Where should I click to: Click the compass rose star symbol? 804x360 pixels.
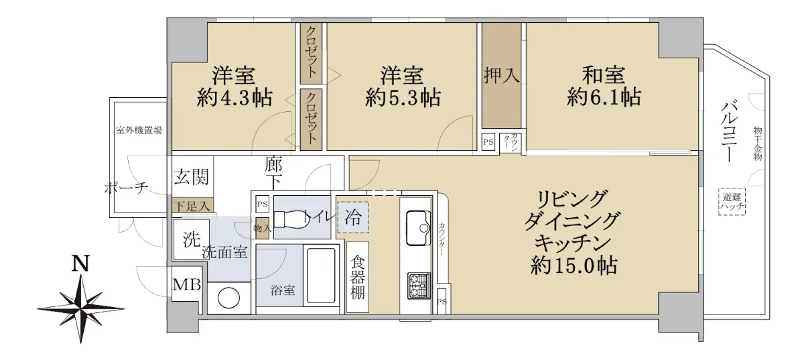pos(81,308)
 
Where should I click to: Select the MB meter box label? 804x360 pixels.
pos(187,284)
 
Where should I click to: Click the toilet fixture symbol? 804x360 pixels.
pos(291,219)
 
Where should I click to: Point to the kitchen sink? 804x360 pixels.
pos(418,228)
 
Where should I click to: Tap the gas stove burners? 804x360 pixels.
pos(419,286)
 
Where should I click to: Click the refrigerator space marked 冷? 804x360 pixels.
pos(353,217)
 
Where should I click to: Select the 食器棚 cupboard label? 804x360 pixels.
pos(358,277)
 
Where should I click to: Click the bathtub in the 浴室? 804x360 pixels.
pos(321,276)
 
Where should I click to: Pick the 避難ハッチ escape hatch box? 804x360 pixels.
pos(732,202)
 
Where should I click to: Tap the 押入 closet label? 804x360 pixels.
pos(501,76)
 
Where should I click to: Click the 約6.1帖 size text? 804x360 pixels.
pos(604,97)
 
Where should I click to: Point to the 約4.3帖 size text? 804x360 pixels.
pos(234,97)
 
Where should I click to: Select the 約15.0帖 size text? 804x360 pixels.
pos(574,266)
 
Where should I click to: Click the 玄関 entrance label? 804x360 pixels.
pos(192,177)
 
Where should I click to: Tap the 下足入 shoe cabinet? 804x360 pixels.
pos(193,206)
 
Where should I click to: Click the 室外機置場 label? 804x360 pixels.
pos(139,131)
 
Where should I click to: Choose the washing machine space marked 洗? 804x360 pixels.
pos(192,239)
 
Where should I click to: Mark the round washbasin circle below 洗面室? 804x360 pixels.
pos(228,298)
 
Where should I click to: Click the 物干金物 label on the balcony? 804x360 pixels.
pos(757,143)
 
